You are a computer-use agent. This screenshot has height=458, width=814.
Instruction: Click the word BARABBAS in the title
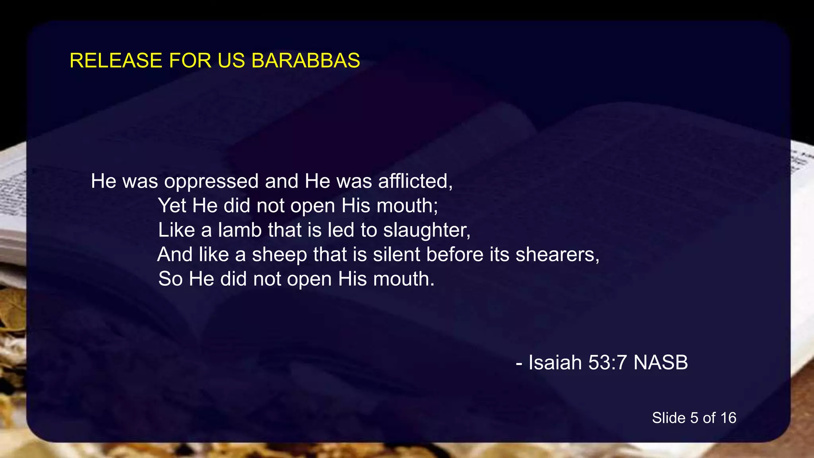pos(306,61)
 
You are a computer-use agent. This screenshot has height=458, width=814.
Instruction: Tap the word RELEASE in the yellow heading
pos(116,61)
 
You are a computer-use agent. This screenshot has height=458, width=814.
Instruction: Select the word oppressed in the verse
pos(211,182)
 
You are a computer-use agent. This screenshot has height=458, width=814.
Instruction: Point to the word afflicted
pos(415,181)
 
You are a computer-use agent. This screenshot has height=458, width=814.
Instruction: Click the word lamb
pos(240,230)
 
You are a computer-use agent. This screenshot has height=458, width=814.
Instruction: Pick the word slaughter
pos(426,231)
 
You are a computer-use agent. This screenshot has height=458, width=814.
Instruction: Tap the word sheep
pos(279,255)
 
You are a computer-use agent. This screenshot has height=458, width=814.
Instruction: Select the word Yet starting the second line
pos(172,206)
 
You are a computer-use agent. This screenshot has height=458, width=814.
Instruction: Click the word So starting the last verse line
pos(170,279)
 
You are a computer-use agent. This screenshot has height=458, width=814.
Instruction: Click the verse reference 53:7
pos(607,363)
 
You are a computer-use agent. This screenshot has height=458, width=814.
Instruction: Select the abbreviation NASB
pos(660,363)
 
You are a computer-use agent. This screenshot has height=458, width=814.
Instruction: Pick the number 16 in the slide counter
pos(728,418)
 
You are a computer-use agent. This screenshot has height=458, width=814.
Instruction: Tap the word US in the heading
pos(231,61)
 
